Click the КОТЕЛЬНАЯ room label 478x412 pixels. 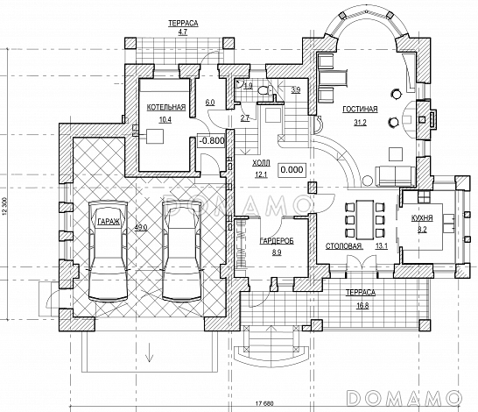pyautogui.click(x=166, y=108)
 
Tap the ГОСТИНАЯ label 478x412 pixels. pyautogui.click(x=360, y=110)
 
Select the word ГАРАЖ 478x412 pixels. pyautogui.click(x=109, y=222)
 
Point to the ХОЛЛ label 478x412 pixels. pyautogui.click(x=261, y=163)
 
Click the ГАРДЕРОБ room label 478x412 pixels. pyautogui.click(x=277, y=241)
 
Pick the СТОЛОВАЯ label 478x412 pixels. pyautogui.click(x=343, y=246)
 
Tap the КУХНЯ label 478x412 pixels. pyautogui.click(x=422, y=218)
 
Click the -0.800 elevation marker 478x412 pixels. pyautogui.click(x=212, y=141)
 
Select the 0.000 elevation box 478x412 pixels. pyautogui.click(x=292, y=170)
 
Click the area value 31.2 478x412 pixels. pyautogui.click(x=360, y=123)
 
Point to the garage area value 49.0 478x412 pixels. pyautogui.click(x=141, y=227)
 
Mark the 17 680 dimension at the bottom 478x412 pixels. pyautogui.click(x=264, y=403)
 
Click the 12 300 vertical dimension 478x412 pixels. pyautogui.click(x=4, y=209)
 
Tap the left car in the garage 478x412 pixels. pyautogui.click(x=108, y=251)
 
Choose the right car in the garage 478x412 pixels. pyautogui.click(x=182, y=251)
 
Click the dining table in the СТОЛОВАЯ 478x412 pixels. pyautogui.click(x=365, y=220)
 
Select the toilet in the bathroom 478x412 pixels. pyautogui.click(x=265, y=91)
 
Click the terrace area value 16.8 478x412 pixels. pyautogui.click(x=362, y=306)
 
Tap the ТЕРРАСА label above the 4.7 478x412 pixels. pyautogui.click(x=183, y=23)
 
